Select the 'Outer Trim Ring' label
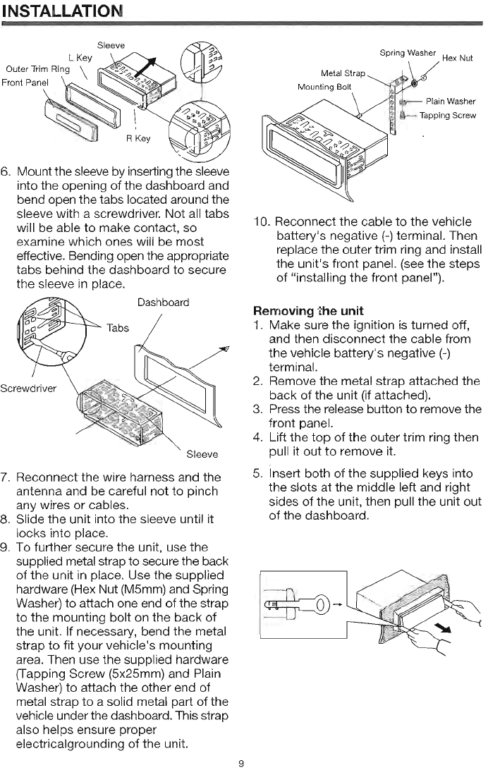point(37,68)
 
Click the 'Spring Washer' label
point(408,53)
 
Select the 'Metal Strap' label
point(343,73)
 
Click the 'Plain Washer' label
point(451,102)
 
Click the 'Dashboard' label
point(163,302)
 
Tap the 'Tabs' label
point(118,328)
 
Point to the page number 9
point(241,763)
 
